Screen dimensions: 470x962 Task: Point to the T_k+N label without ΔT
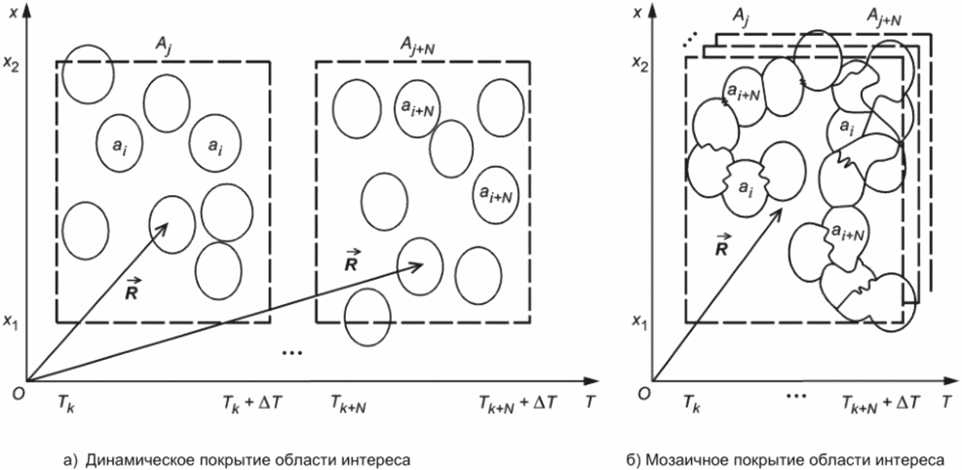(346, 401)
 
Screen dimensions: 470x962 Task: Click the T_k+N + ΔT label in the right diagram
(875, 401)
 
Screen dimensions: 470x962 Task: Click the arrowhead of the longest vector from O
(422, 262)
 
